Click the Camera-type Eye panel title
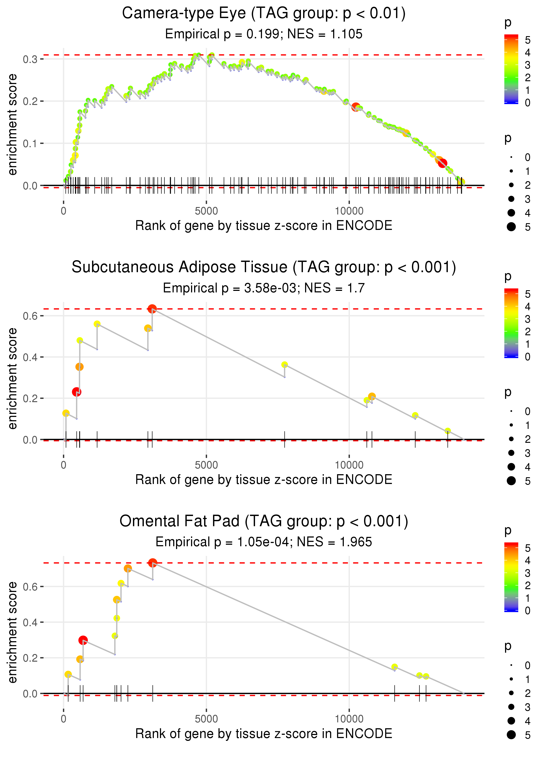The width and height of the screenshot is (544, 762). click(x=264, y=13)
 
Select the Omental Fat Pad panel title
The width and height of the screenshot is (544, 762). click(x=264, y=521)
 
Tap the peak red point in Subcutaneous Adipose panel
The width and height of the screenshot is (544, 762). click(x=152, y=309)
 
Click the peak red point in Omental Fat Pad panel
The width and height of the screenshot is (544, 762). click(x=153, y=563)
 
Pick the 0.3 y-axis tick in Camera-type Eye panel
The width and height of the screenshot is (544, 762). click(x=30, y=59)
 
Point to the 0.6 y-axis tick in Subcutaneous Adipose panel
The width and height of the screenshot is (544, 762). click(x=30, y=316)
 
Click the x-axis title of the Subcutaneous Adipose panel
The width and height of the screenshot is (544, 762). click(x=264, y=480)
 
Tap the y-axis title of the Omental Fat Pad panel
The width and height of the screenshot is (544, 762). click(x=12, y=632)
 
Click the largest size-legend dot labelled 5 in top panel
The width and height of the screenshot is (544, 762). click(x=511, y=227)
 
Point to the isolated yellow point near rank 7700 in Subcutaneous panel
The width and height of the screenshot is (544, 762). click(x=284, y=365)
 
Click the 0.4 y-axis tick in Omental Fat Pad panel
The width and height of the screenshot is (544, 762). click(x=30, y=622)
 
